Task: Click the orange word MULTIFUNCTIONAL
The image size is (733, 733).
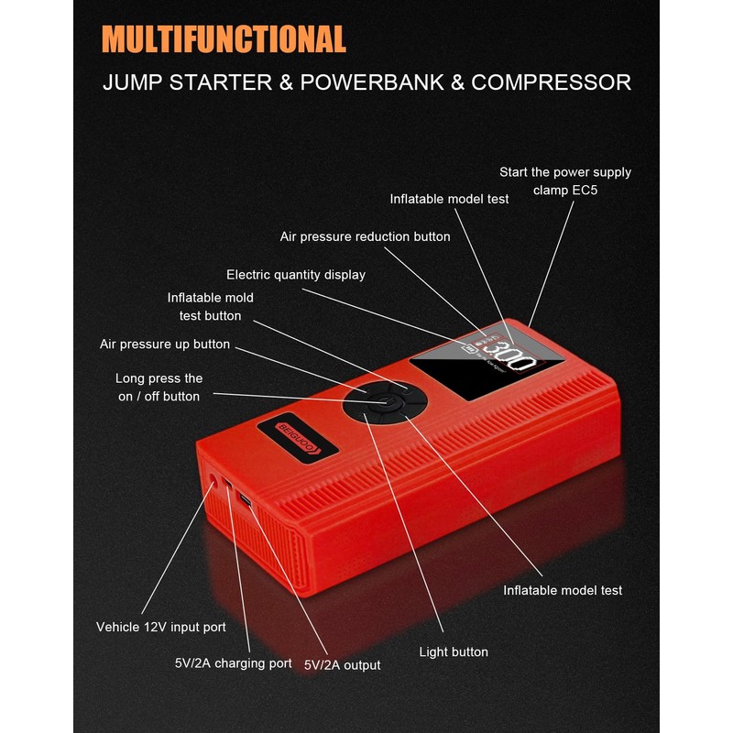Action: click(224, 39)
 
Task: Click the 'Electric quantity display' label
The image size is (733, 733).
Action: click(295, 275)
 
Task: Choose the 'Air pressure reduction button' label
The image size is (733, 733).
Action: click(365, 236)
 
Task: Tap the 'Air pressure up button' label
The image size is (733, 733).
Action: click(165, 345)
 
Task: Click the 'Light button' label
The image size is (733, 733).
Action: click(453, 652)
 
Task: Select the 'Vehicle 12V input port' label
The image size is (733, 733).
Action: click(160, 628)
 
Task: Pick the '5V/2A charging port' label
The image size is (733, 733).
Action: click(233, 663)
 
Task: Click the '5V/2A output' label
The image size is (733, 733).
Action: click(342, 664)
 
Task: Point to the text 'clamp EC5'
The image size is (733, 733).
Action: click(564, 191)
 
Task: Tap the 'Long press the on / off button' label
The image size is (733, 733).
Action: click(159, 387)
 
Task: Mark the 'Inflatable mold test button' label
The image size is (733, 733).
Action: click(210, 306)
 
